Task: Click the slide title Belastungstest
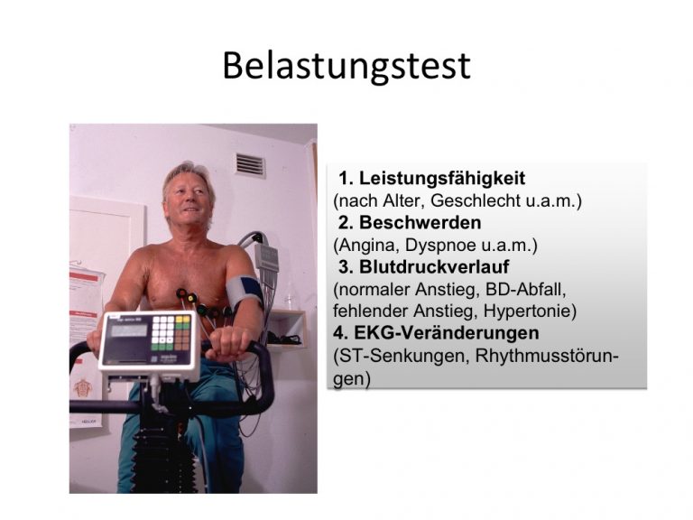(346, 66)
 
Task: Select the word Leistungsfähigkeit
(442, 178)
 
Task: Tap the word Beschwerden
(420, 222)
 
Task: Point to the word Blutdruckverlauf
(434, 266)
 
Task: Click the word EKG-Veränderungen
(447, 333)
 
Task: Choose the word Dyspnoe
(434, 246)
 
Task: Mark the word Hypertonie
(530, 311)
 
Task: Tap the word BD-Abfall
(525, 289)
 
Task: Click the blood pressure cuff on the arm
(245, 292)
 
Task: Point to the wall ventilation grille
(250, 165)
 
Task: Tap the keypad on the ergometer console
(171, 333)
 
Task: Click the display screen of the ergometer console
(129, 330)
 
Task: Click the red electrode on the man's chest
(181, 293)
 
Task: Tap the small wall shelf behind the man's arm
(286, 328)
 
